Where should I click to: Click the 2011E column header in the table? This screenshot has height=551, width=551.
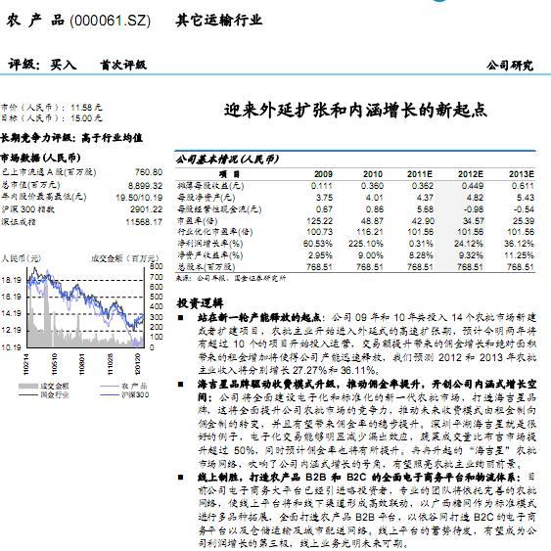421,172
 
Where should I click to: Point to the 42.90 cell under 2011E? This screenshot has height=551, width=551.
422,220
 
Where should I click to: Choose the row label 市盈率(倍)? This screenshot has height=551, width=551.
202,220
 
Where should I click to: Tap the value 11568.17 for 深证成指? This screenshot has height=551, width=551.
144,221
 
